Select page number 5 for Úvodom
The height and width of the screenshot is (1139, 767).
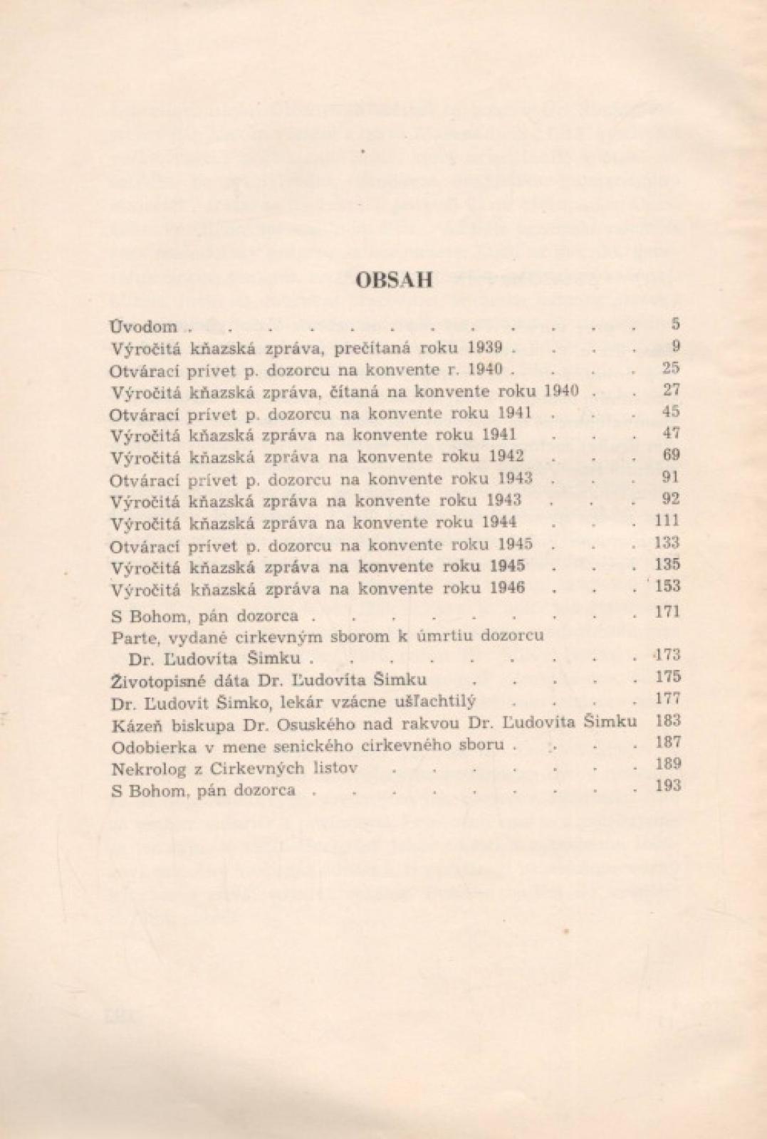[x=675, y=324]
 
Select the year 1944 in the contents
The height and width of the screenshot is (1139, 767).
[x=499, y=523]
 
